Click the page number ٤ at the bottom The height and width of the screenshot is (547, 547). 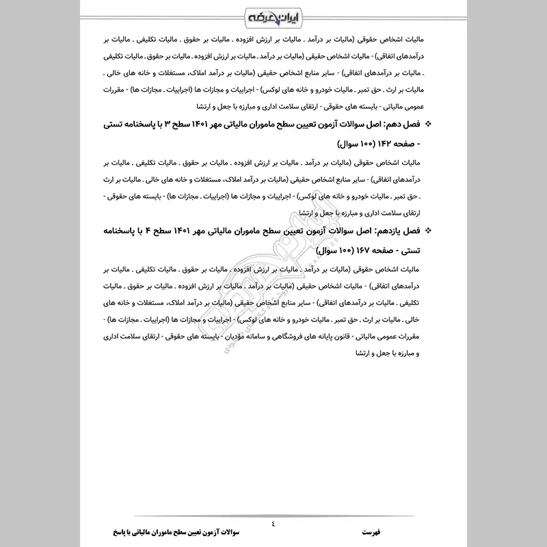click(x=273, y=522)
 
